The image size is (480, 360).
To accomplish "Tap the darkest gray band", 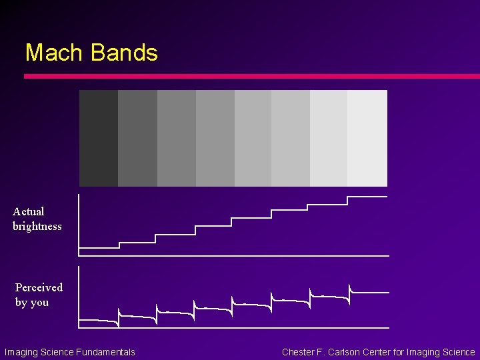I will coord(99,138).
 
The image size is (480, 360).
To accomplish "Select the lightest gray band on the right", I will coord(367,138).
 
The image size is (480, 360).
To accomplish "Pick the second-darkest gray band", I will coord(137,138).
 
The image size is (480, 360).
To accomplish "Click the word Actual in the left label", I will coord(29,211).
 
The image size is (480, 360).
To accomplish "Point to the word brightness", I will coord(37,226).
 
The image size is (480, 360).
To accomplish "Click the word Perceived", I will coord(39,287).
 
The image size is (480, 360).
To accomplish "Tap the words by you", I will coord(32,302).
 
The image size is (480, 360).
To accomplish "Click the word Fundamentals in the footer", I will coord(106,352).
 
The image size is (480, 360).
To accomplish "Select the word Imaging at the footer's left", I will coord(21,352).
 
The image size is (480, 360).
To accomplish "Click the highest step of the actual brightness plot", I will coord(367,197).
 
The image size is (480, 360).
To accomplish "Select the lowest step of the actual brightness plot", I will coord(99,248).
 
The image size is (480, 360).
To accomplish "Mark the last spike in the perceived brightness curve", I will coord(349,289).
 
